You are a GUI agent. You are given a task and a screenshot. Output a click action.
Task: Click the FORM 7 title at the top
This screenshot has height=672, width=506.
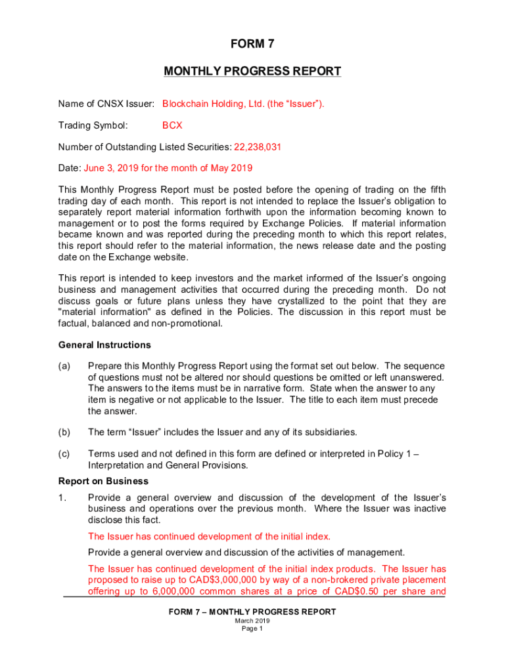tap(252, 45)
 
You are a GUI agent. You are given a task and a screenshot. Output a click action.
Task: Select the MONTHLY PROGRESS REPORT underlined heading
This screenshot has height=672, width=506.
tap(252, 71)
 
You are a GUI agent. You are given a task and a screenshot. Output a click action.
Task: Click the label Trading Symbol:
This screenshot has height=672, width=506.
tap(93, 125)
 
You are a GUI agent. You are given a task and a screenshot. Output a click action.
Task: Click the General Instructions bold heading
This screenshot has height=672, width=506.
tap(104, 345)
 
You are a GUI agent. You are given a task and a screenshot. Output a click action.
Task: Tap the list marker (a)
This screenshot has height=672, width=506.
tap(64, 366)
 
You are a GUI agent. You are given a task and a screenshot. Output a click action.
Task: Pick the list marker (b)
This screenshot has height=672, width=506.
tap(64, 432)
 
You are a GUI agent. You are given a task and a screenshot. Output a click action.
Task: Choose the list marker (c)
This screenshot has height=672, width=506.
tap(64, 453)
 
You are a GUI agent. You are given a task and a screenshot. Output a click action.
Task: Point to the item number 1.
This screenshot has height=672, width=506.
tap(62, 497)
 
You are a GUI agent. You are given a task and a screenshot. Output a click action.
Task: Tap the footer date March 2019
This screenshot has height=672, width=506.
tap(252, 620)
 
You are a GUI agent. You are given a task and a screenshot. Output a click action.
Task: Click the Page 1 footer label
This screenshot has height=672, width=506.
tap(252, 628)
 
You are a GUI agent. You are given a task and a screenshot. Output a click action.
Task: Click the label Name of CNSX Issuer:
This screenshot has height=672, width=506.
tap(106, 104)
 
